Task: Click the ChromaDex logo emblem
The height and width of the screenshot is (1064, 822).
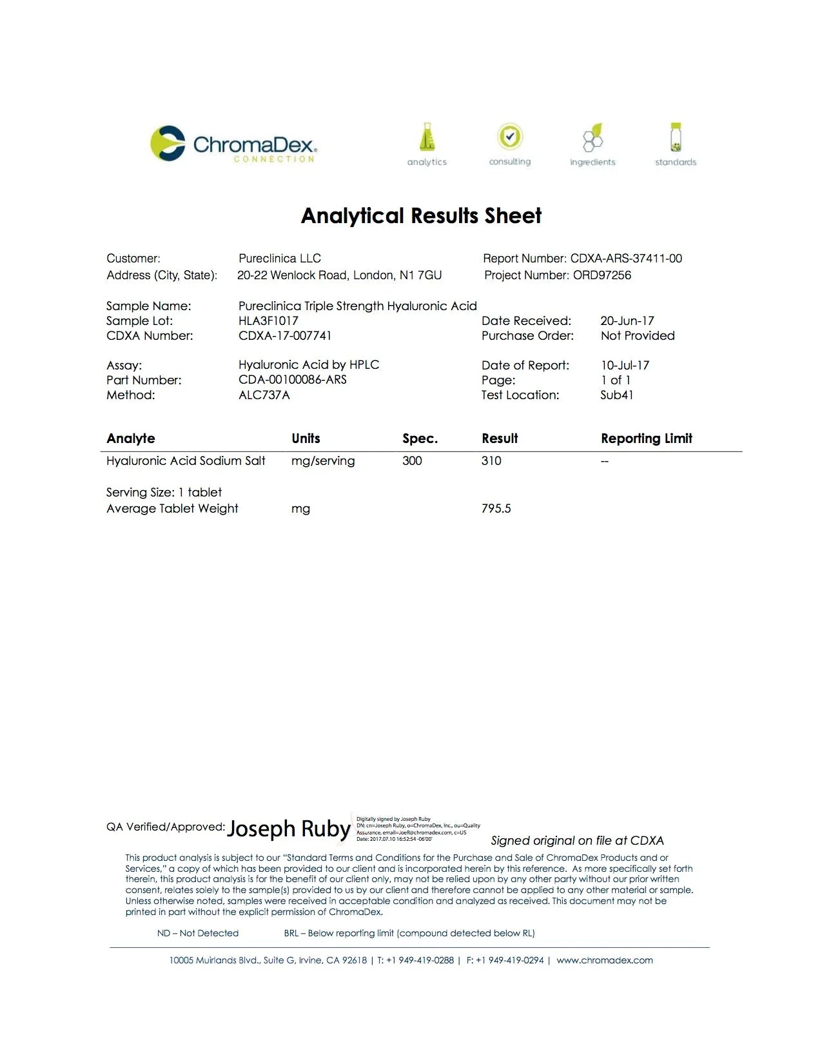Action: pyautogui.click(x=168, y=143)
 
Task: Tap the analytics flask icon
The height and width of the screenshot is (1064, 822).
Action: pyautogui.click(x=427, y=137)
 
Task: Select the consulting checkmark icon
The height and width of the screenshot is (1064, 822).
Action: pyautogui.click(x=509, y=137)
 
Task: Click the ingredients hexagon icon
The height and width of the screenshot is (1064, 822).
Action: pyautogui.click(x=592, y=137)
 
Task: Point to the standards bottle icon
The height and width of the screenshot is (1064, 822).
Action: pyautogui.click(x=675, y=137)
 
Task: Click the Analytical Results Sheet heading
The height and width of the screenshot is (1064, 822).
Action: pyautogui.click(x=421, y=215)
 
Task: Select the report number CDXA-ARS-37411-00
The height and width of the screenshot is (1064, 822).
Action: pyautogui.click(x=626, y=259)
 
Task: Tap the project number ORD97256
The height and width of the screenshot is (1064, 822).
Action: pyautogui.click(x=602, y=275)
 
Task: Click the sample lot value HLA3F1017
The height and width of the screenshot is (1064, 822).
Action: pyautogui.click(x=268, y=321)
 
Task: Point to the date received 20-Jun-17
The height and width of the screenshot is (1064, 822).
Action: pyautogui.click(x=627, y=321)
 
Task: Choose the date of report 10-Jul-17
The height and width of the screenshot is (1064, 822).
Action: pyautogui.click(x=625, y=366)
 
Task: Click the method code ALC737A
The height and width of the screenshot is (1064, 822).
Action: pyautogui.click(x=264, y=395)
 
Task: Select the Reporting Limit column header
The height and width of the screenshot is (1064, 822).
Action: pyautogui.click(x=646, y=438)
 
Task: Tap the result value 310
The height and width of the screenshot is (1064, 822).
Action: pyautogui.click(x=491, y=461)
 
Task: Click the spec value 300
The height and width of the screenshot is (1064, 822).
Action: pyautogui.click(x=412, y=461)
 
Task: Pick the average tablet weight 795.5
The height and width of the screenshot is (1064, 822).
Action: pyautogui.click(x=496, y=509)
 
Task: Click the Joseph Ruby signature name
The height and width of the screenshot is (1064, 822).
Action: pyautogui.click(x=288, y=829)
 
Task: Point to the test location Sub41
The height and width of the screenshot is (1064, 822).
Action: pyautogui.click(x=616, y=395)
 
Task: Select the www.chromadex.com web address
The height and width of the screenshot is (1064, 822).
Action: pyautogui.click(x=604, y=960)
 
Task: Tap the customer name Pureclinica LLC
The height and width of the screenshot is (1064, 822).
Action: pyautogui.click(x=279, y=259)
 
